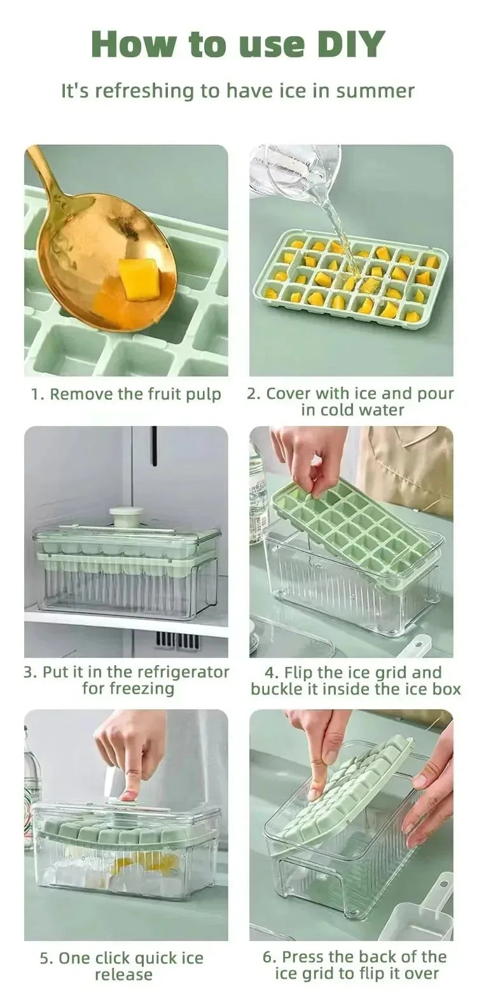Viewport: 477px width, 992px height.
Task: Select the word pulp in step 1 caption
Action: point(202,395)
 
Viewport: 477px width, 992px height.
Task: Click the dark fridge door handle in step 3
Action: point(154,446)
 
